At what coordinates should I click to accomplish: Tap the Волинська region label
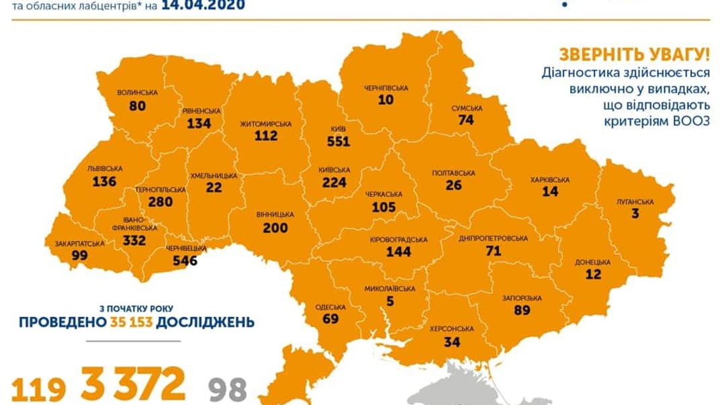coord(137,92)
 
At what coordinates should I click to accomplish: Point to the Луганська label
coord(635,201)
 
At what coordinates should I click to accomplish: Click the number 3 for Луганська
coord(635,214)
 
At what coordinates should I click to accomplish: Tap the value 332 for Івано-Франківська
coord(134,240)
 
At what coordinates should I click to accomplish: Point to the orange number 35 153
coord(132,322)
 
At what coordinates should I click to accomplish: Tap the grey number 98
coord(228,389)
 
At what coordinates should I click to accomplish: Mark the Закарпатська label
coord(75,243)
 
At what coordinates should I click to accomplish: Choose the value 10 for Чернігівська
coord(386,100)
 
